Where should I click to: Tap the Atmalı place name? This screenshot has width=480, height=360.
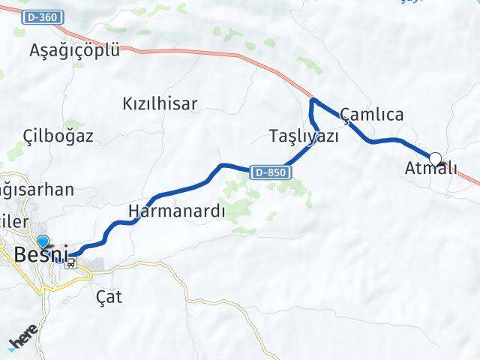click(430, 169)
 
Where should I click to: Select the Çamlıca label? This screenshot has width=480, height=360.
click(372, 115)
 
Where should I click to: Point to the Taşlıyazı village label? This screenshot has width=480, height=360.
click(304, 136)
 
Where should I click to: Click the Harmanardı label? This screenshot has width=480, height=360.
click(177, 211)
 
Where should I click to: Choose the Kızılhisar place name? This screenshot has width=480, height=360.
click(160, 104)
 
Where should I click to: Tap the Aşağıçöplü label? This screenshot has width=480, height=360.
click(74, 50)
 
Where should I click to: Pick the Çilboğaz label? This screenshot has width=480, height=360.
click(58, 136)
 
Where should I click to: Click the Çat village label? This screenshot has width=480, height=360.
click(109, 296)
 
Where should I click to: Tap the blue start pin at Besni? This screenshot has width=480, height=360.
click(43, 241)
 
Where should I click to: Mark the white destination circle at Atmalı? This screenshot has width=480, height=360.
click(435, 159)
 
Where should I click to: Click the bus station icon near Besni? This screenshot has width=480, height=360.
click(71, 262)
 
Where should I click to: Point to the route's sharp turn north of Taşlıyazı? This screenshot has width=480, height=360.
click(312, 100)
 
